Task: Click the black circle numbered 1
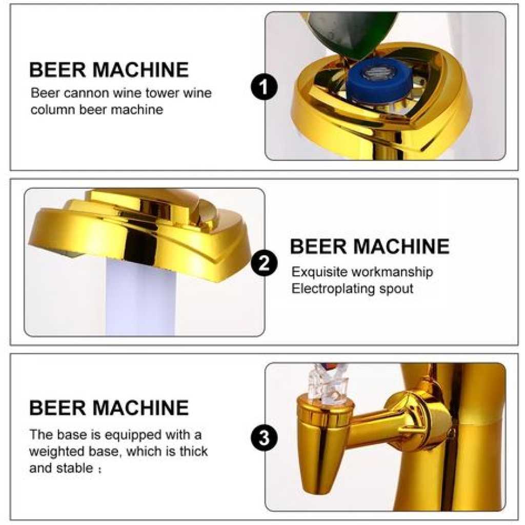tap(264, 87)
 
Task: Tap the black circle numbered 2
tap(264, 263)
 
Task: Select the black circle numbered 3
tap(264, 437)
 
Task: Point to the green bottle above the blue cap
tap(350, 32)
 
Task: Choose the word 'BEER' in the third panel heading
tap(57, 408)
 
